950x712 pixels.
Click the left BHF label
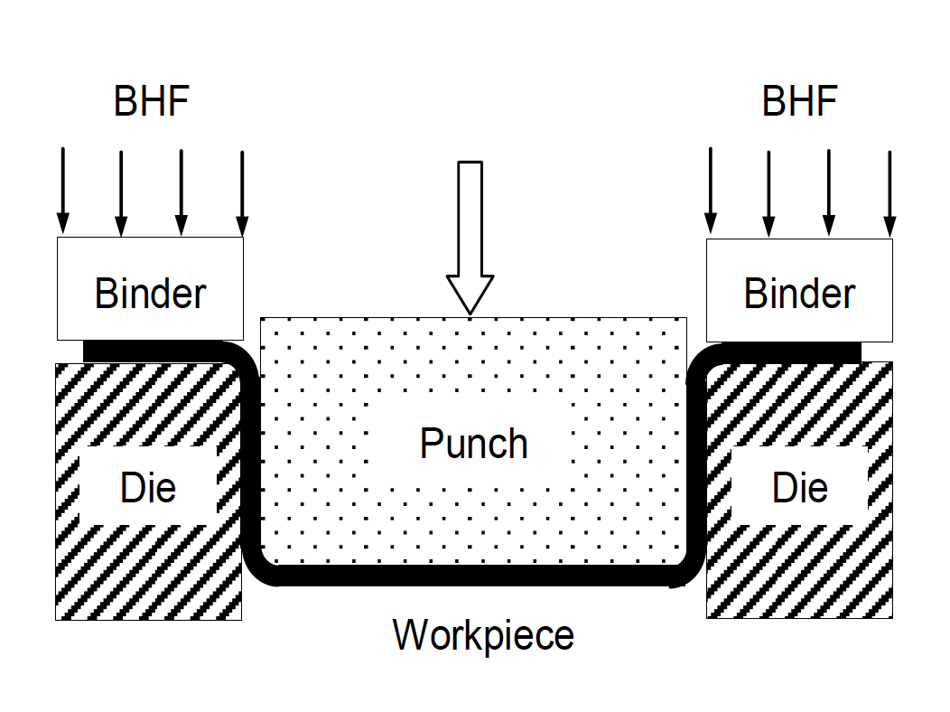pos(151,101)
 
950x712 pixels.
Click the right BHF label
pos(799,101)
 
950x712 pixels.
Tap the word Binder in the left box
pos(150,294)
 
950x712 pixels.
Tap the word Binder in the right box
pos(799,294)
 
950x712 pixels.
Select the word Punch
pos(473,444)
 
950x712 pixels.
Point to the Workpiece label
pos(483,635)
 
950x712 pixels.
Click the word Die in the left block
pos(148,488)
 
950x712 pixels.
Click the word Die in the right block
pos(800,488)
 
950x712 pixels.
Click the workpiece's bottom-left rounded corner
pos(260,567)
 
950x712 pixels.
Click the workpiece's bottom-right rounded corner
pos(688,567)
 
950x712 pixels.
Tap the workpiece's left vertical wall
pos(251,461)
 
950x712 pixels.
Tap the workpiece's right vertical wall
pos(696,461)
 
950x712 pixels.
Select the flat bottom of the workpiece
pos(474,576)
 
